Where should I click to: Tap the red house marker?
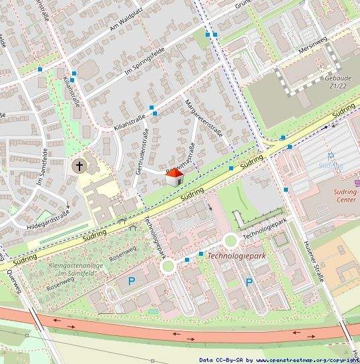tap(174, 176)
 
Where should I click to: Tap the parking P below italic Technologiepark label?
tap(249, 283)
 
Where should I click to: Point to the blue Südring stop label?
tap(331, 164)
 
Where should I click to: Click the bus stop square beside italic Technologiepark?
tap(200, 254)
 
